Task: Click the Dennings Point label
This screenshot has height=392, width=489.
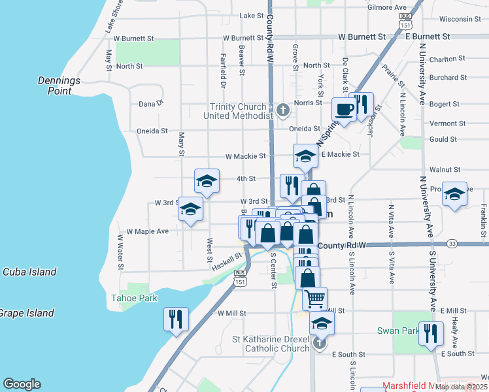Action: [59, 86]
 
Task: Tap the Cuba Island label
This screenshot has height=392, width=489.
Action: [29, 272]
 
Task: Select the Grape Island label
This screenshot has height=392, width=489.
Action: [26, 313]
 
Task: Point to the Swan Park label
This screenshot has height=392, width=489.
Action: [397, 331]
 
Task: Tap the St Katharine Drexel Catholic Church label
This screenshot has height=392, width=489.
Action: [271, 344]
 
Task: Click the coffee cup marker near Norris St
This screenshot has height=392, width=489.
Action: [344, 110]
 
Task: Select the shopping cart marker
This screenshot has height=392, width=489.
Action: [315, 299]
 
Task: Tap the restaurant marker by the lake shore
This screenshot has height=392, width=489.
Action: [176, 319]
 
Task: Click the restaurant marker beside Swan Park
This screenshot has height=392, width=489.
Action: [431, 333]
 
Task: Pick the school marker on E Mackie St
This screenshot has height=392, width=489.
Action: [305, 156]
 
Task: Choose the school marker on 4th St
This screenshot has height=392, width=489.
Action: [207, 182]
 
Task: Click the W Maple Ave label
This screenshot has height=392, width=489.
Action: [148, 231]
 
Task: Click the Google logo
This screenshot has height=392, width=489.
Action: [22, 384]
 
